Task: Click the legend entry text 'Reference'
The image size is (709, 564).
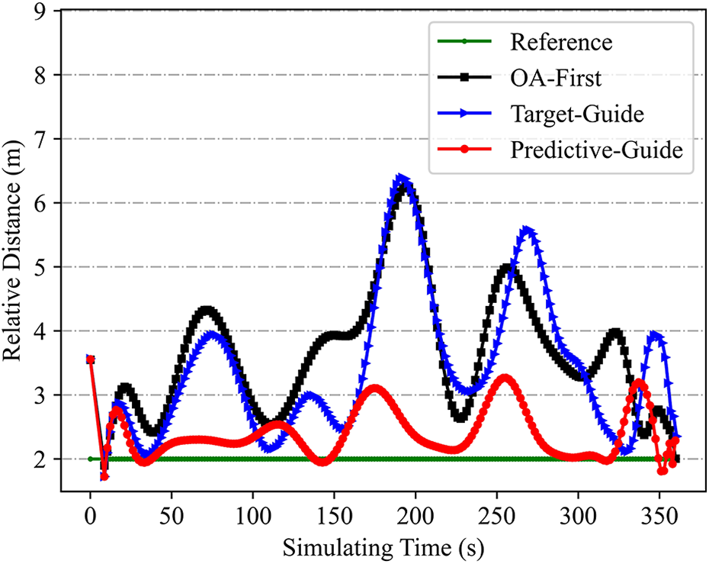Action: (560, 43)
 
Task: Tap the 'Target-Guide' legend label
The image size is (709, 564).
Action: (577, 114)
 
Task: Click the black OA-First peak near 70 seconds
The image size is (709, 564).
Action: (207, 310)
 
